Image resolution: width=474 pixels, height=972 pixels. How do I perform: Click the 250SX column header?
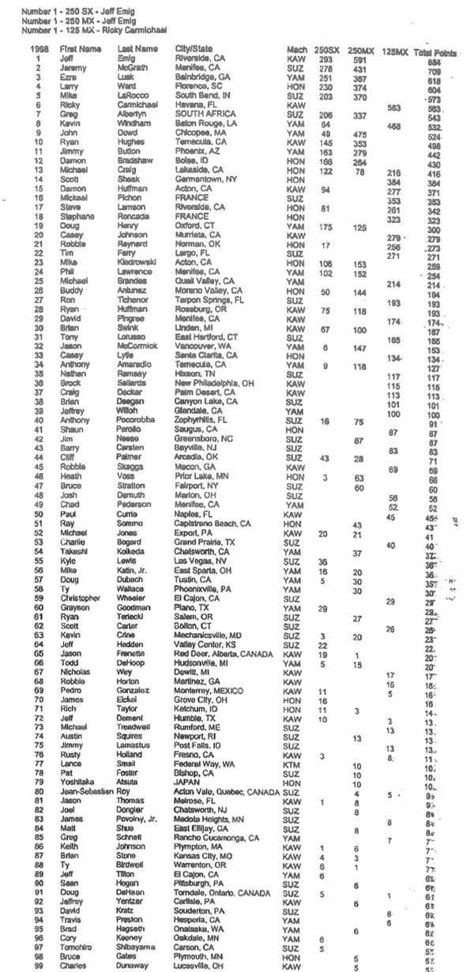point(319,50)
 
